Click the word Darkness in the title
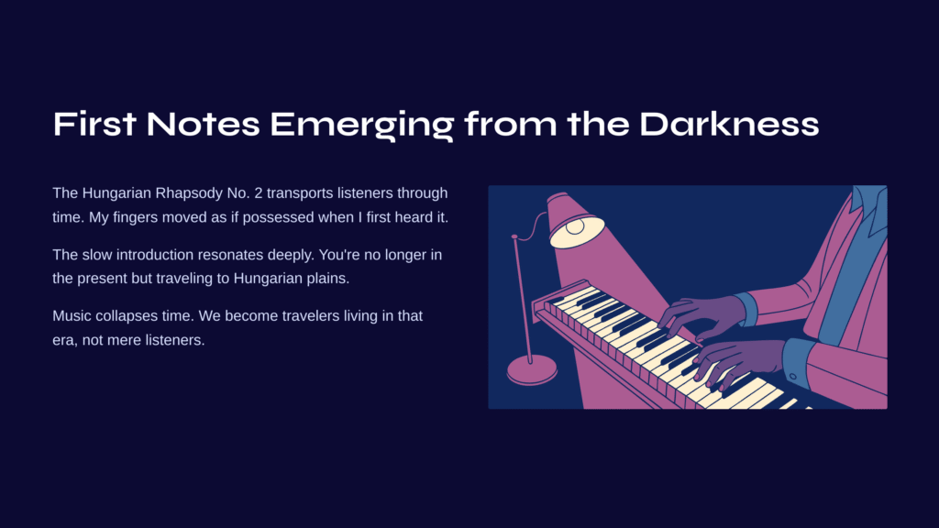729,124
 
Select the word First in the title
94,124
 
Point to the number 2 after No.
258,193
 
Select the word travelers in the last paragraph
311,316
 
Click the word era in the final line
63,341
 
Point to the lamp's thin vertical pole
522,299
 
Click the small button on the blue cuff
793,377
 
